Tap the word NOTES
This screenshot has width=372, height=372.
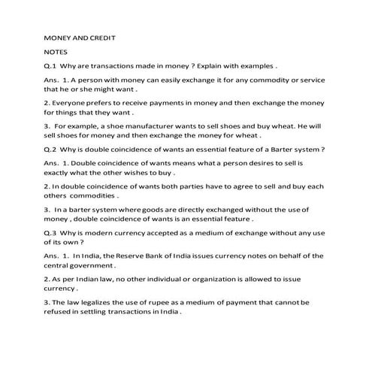56,52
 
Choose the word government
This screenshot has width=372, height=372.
90,266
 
